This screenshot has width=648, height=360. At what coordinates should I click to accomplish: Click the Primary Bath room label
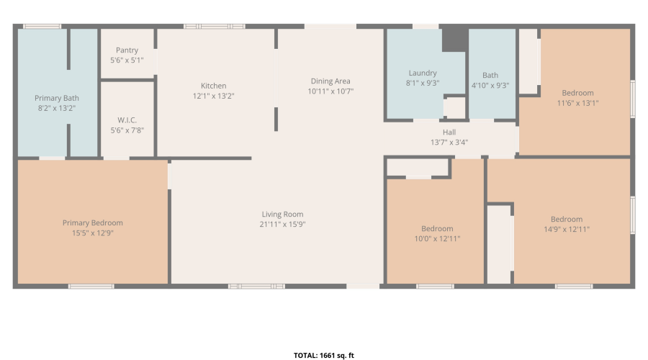[x=57, y=98]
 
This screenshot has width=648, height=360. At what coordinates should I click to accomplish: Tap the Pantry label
[x=127, y=50]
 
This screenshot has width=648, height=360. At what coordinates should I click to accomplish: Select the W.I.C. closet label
[x=127, y=120]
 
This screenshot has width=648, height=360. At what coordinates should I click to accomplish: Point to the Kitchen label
[x=214, y=86]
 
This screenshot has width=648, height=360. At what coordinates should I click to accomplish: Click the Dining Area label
[x=330, y=81]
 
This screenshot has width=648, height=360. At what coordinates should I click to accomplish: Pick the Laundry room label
[x=423, y=73]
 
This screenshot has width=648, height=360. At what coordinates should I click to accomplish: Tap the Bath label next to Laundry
[x=490, y=75]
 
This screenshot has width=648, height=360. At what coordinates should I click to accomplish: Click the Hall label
[x=449, y=132]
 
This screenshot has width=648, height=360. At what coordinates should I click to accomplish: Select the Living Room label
[x=282, y=214]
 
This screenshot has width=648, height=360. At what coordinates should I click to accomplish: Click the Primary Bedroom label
[x=93, y=222]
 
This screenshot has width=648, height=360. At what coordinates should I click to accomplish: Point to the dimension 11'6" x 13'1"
[x=577, y=102]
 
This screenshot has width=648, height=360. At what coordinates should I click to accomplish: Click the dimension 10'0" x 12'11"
[x=437, y=238]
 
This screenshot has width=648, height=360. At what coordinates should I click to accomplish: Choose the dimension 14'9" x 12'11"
[x=567, y=229]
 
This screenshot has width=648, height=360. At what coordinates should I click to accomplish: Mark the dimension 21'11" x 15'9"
[x=282, y=224]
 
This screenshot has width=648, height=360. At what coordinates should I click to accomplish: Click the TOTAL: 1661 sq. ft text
[x=324, y=355]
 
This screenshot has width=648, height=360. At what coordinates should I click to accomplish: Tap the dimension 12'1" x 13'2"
[x=214, y=96]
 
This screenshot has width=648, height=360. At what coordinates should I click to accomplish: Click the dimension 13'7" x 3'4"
[x=449, y=143]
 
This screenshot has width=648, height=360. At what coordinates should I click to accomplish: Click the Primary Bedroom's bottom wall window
[x=91, y=287]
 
